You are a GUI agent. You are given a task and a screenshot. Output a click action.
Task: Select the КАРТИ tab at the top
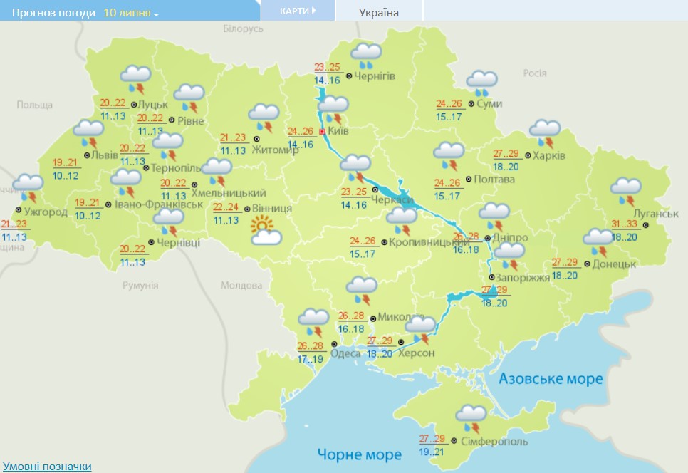(297, 11)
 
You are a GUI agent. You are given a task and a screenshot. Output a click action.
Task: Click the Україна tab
(378, 12)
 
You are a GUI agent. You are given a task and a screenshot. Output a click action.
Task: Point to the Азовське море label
(551, 379)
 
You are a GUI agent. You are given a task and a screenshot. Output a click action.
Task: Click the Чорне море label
(359, 454)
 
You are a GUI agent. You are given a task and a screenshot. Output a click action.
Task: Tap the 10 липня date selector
(131, 13)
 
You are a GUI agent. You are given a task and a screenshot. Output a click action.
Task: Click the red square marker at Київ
(322, 132)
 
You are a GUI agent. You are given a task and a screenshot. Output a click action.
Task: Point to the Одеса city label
(346, 354)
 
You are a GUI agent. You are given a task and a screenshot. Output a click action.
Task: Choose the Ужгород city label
(46, 212)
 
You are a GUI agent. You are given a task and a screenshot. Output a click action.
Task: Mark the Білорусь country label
(243, 28)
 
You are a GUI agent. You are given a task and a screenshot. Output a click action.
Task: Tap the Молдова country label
(241, 285)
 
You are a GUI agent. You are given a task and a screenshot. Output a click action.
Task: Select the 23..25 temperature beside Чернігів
(328, 68)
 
